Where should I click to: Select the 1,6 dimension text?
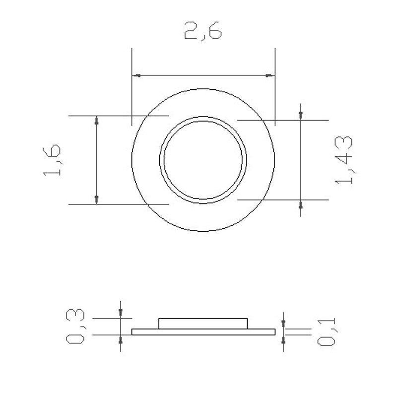click(x=52, y=160)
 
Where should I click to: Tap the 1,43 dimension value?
click(x=344, y=160)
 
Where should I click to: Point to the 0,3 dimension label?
click(x=76, y=326)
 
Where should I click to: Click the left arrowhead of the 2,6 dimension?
click(x=136, y=75)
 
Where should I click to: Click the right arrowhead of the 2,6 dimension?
click(x=269, y=75)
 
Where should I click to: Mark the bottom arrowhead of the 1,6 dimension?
click(x=97, y=199)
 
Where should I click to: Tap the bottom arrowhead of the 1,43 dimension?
click(x=301, y=204)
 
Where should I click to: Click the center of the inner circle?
click(x=203, y=160)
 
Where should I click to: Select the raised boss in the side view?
click(x=203, y=323)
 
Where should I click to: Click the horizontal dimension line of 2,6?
click(x=203, y=75)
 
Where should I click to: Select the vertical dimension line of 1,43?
click(x=301, y=160)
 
